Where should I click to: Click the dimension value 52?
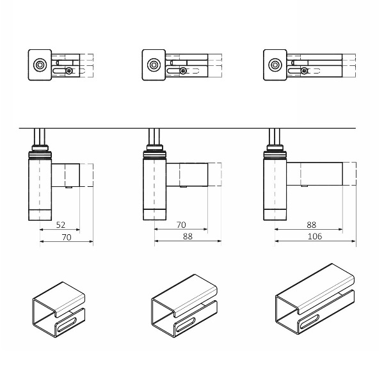pos(61,225)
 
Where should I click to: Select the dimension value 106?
pos(315,236)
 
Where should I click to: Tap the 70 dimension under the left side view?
pos(67,237)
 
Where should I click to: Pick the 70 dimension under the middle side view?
pos(181,225)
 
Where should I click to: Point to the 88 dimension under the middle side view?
pos(188,236)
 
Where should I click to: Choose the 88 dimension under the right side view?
pos(311,225)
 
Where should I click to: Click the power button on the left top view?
pos(39,65)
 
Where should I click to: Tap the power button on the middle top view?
pos(154,65)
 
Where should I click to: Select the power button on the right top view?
pos(275,65)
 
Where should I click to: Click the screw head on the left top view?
pos(69,71)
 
